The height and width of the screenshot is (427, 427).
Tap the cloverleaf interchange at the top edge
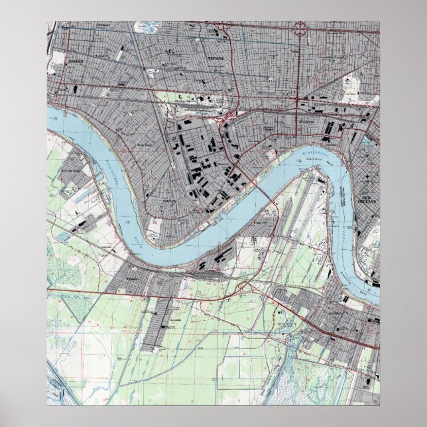[x=300, y=29]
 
